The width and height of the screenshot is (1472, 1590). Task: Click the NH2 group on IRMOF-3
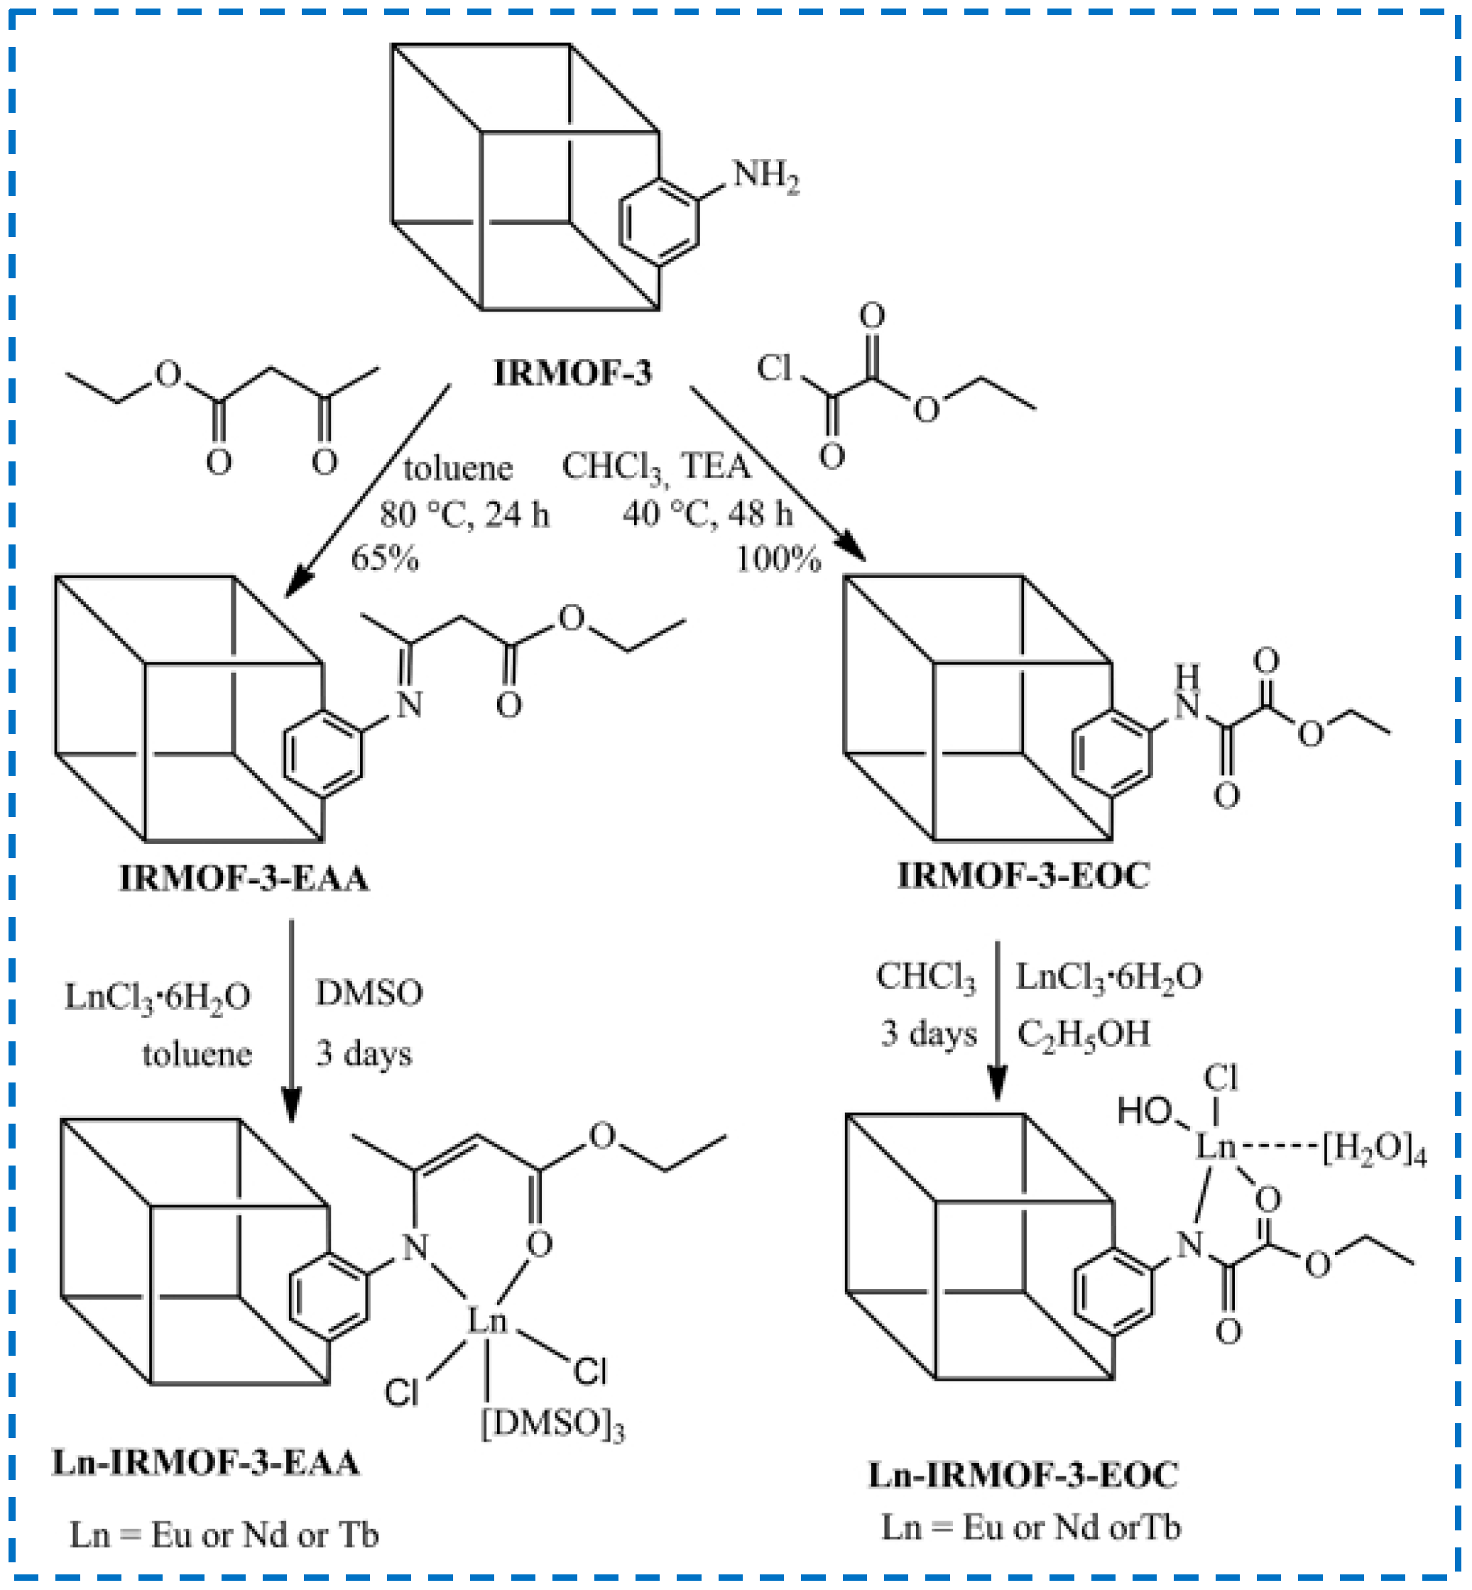click(765, 176)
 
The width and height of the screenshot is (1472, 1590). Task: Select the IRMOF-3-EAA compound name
click(244, 877)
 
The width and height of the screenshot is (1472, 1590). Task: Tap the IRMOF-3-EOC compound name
click(1023, 875)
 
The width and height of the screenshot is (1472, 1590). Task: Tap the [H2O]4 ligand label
click(1374, 1150)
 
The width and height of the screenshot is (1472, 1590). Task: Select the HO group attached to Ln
click(1145, 1111)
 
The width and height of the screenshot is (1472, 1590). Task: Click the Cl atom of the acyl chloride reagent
click(774, 368)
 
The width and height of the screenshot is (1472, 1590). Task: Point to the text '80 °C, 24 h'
click(464, 515)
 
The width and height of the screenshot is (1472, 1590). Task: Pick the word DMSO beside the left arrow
click(369, 993)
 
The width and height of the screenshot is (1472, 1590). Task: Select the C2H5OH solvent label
click(1084, 1034)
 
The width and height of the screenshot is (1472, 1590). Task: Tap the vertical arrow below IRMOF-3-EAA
click(292, 1019)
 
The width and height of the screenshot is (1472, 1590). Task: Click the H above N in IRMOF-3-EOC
click(1187, 674)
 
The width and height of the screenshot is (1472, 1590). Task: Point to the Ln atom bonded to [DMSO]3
click(486, 1321)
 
